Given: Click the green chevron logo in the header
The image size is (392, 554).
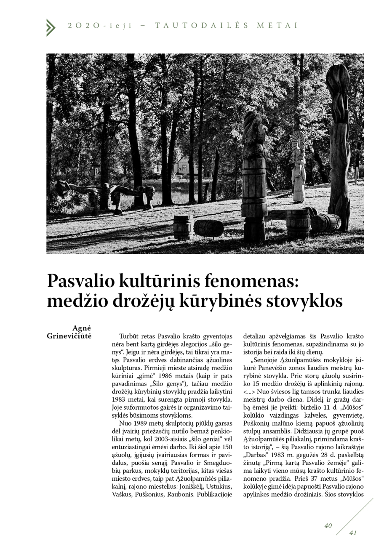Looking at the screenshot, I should [51, 27].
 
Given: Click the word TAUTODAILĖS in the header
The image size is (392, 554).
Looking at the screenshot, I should [202, 25].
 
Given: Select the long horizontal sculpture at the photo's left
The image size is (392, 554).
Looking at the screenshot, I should [105, 193].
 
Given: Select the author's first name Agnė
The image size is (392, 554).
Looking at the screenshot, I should [82, 328].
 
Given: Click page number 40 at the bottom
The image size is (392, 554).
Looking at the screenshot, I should [328, 525].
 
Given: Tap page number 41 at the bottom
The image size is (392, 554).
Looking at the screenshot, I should [353, 533].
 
